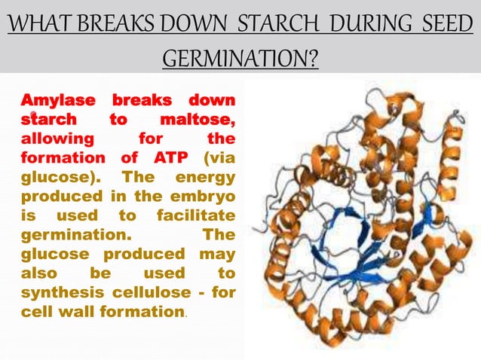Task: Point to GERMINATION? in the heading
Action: (240, 56)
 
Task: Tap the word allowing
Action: (58, 139)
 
